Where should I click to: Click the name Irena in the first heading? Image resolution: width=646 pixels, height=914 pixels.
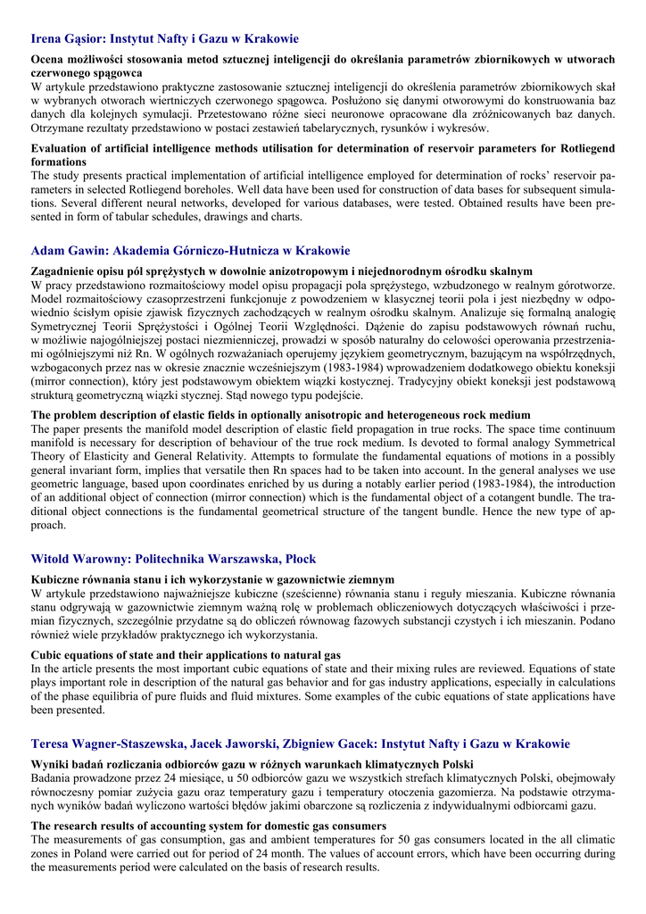coord(47,39)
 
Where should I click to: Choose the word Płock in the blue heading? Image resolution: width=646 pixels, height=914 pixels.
coord(298,559)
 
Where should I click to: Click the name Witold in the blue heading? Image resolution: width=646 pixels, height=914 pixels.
coord(52,559)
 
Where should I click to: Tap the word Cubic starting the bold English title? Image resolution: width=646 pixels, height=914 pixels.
coord(48,655)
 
